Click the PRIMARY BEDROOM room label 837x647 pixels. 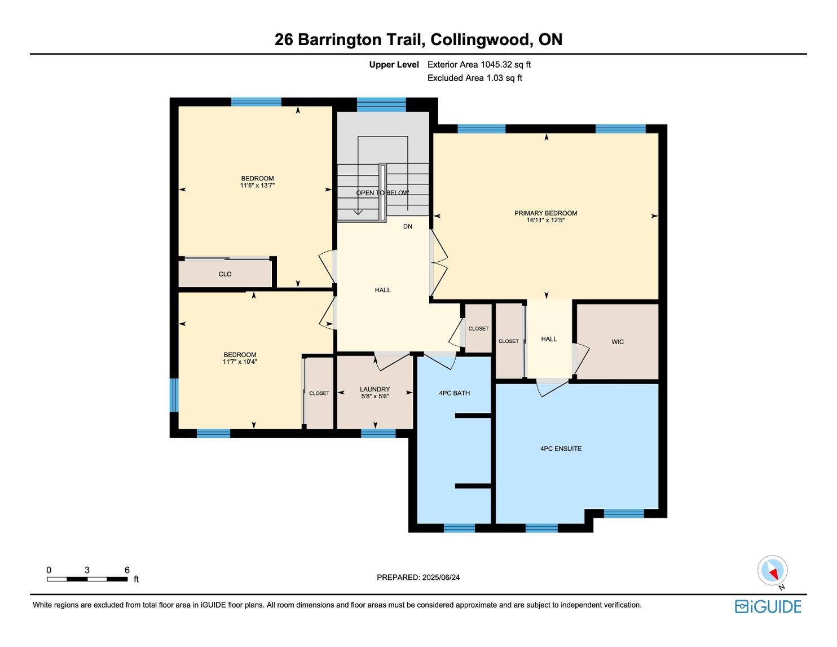click(545, 213)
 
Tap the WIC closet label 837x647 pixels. click(618, 342)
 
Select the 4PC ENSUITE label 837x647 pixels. click(561, 449)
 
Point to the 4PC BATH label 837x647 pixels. click(454, 393)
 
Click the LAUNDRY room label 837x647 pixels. click(375, 389)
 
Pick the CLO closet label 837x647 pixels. click(225, 274)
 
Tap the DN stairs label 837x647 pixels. click(408, 227)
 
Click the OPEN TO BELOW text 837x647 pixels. click(382, 193)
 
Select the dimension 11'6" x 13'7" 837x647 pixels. click(257, 186)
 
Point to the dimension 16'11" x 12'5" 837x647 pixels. click(545, 221)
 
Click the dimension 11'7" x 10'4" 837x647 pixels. click(240, 362)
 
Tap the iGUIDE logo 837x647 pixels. click(768, 606)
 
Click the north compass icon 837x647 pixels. click(772, 571)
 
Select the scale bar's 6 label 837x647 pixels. click(127, 570)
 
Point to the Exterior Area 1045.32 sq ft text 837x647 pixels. click(479, 64)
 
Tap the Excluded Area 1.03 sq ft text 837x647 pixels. click(474, 78)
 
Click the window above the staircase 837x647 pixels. click(381, 104)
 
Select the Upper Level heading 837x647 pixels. click(394, 64)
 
